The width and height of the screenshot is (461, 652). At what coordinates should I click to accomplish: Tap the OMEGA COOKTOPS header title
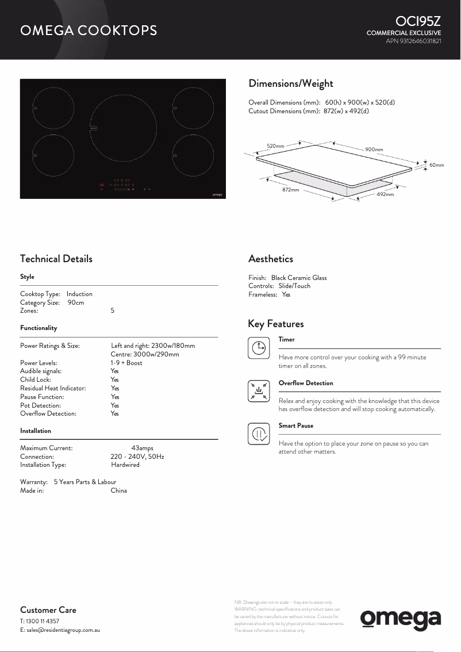[89, 30]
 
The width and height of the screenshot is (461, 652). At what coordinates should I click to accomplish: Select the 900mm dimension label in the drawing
[374, 149]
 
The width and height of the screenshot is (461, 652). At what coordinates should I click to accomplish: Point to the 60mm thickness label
[437, 165]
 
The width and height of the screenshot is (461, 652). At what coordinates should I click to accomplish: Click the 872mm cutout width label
[290, 189]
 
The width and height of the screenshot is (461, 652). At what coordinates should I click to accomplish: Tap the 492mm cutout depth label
[385, 194]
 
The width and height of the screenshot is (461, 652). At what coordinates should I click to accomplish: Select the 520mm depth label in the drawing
[276, 146]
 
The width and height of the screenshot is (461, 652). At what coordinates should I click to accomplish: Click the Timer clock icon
[259, 347]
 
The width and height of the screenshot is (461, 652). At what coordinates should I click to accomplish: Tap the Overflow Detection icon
[259, 390]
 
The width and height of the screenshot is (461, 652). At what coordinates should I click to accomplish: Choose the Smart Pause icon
[259, 434]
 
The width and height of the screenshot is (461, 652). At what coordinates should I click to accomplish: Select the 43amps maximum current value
[142, 448]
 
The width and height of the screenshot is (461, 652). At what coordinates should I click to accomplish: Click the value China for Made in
[118, 490]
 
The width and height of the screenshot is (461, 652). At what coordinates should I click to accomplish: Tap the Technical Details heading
[56, 259]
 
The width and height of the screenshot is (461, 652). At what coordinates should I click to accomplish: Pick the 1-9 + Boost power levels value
[126, 363]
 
